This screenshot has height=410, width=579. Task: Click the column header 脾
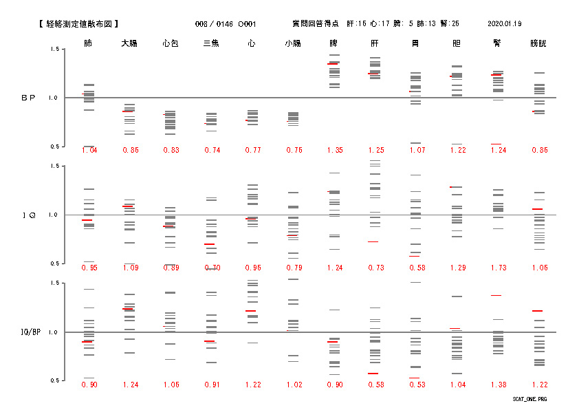[334, 43]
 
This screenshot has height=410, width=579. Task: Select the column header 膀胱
[538, 43]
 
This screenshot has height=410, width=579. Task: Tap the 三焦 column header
[211, 43]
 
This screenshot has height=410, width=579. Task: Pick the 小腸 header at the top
[292, 43]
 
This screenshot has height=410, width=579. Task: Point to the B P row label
[28, 98]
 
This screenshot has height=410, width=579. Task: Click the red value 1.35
[334, 150]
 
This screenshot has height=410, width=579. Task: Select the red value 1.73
[497, 268]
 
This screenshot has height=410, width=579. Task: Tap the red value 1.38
[497, 385]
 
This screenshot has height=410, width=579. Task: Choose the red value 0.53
[415, 385]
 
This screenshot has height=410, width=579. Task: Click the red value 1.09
[130, 268]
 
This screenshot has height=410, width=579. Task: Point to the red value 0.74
[211, 150]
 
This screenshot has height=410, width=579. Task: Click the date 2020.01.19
[504, 23]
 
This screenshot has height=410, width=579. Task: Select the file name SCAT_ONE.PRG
[529, 399]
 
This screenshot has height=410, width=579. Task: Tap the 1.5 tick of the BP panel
[54, 50]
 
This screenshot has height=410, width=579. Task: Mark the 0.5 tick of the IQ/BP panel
[54, 380]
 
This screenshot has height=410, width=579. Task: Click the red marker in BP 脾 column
[333, 64]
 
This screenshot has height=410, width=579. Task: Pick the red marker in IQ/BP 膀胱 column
[538, 311]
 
